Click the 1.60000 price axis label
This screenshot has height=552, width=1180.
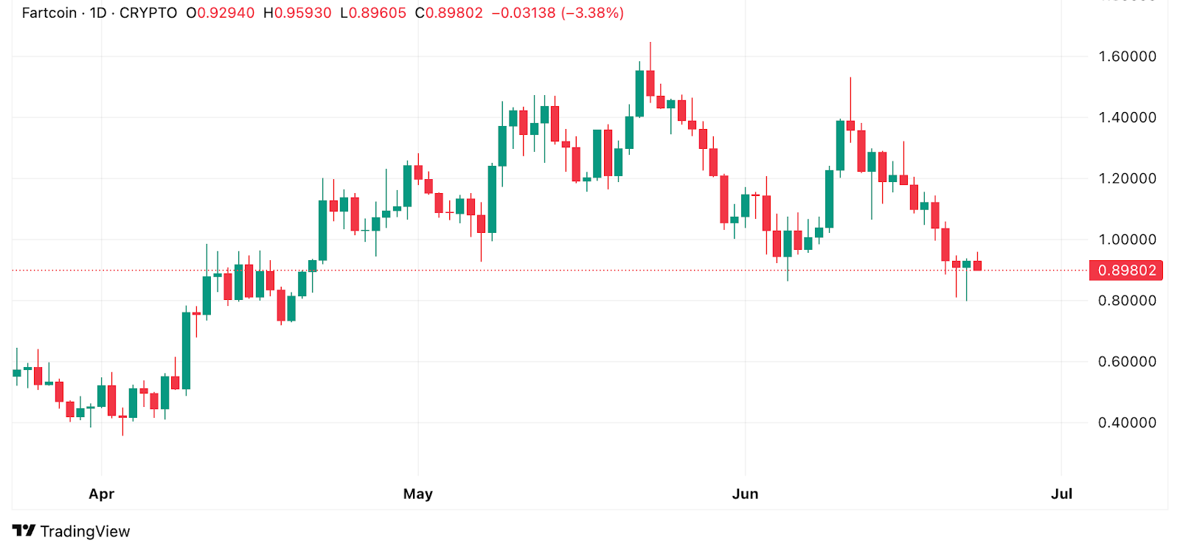(x=1127, y=57)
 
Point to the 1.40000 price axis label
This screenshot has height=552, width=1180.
(x=1127, y=118)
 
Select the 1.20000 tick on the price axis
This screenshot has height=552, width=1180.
(x=1127, y=178)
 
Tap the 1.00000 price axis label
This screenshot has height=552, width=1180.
(x=1127, y=240)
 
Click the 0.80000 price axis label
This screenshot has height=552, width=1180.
(x=1127, y=301)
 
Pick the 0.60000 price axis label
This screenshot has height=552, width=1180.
(x=1127, y=362)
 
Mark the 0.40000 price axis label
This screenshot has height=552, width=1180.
(x=1127, y=423)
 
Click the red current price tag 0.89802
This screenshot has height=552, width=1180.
(x=1126, y=270)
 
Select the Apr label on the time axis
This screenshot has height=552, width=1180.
(x=102, y=494)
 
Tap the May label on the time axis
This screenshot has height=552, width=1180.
(x=417, y=494)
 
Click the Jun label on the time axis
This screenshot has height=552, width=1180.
(x=745, y=494)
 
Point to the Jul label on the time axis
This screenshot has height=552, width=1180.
(x=1061, y=494)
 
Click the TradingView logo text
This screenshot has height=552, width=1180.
(x=84, y=531)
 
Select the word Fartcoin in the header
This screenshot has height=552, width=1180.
(x=49, y=13)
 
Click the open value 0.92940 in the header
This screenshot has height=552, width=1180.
(x=225, y=13)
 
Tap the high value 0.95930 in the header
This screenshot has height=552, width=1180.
(x=302, y=13)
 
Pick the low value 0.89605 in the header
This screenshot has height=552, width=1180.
(x=377, y=13)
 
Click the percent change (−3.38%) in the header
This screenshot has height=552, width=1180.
(x=592, y=13)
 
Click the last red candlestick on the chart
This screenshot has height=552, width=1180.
(x=977, y=265)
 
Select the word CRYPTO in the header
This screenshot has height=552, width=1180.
(x=148, y=13)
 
